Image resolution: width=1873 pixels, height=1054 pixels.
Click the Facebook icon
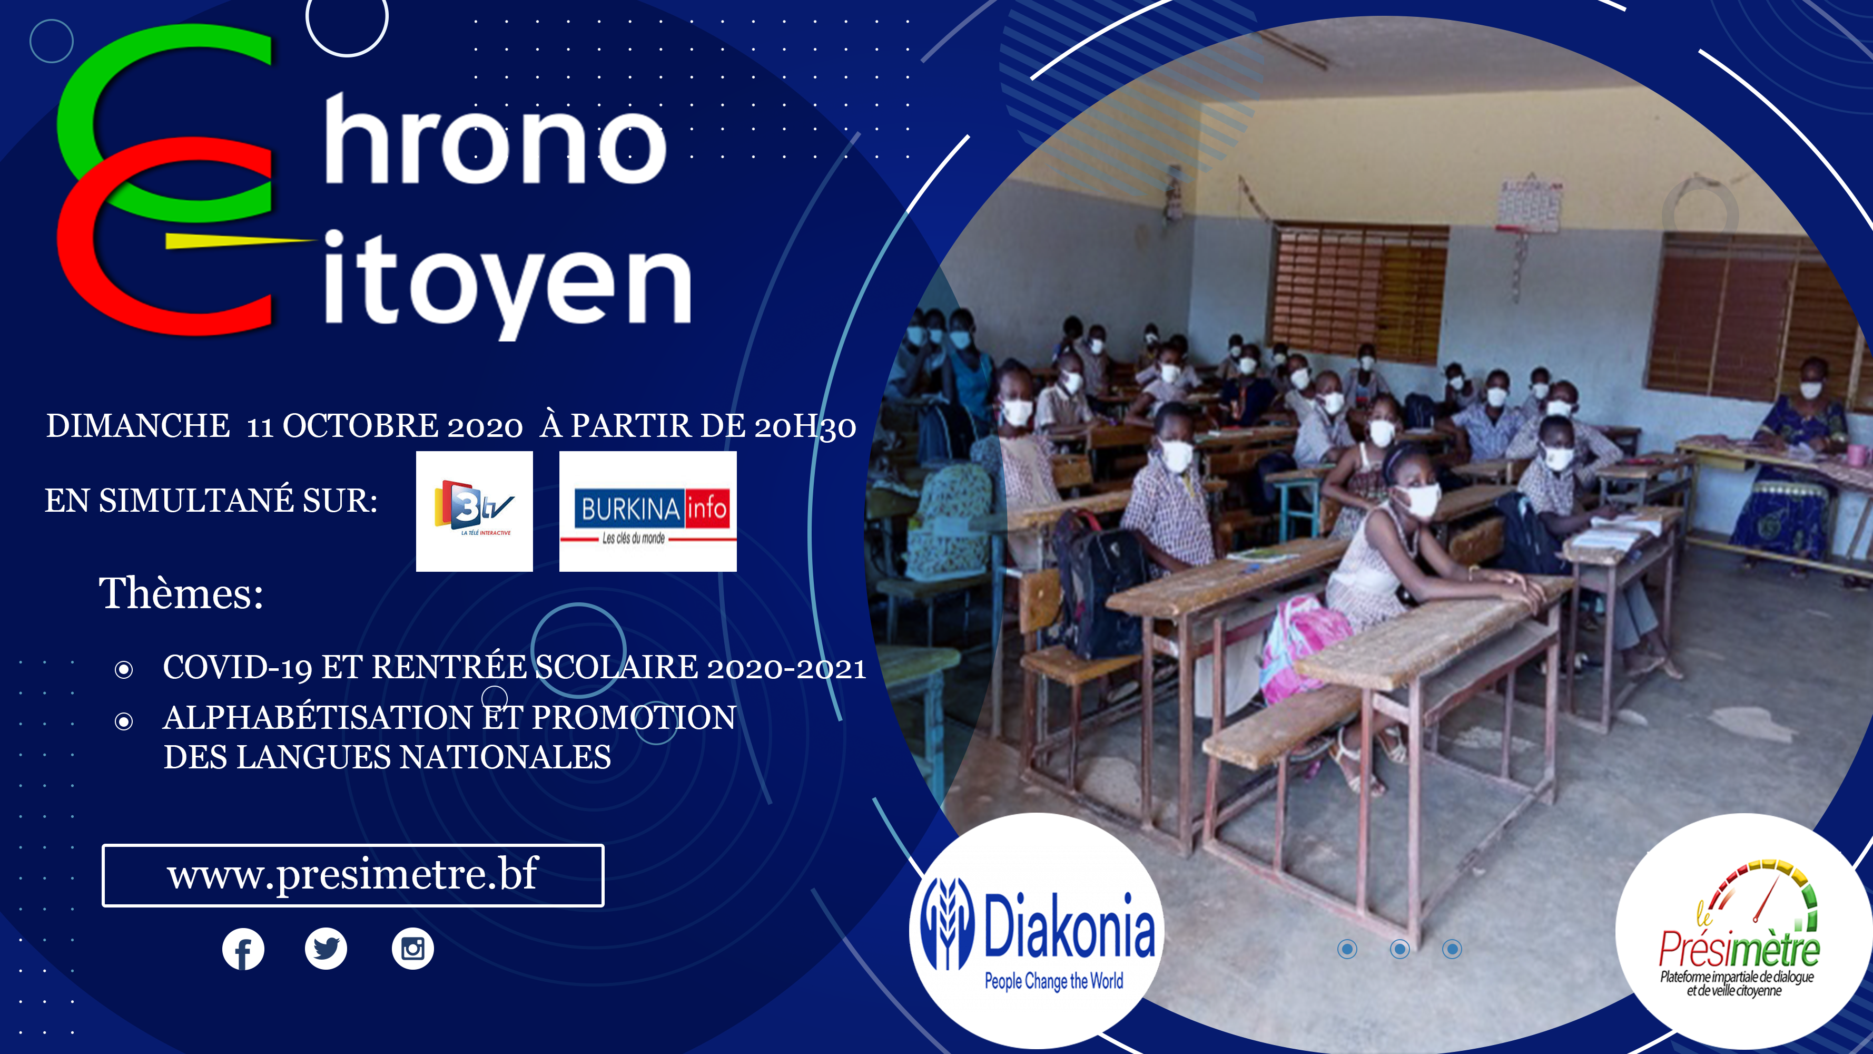pyautogui.click(x=243, y=949)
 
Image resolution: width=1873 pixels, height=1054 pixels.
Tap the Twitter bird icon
pyautogui.click(x=326, y=949)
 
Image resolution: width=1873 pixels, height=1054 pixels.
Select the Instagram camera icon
pyautogui.click(x=413, y=949)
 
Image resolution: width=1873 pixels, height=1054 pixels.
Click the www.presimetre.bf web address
pyautogui.click(x=353, y=875)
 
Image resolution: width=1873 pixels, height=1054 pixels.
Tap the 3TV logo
pyautogui.click(x=474, y=511)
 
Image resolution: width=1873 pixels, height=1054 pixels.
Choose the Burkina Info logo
pyautogui.click(x=648, y=511)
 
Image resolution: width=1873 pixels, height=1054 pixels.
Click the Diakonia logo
pyautogui.click(x=1037, y=931)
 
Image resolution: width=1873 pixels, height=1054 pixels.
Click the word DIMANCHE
pyautogui.click(x=138, y=425)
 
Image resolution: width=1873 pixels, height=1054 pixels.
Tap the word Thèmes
pyautogui.click(x=181, y=593)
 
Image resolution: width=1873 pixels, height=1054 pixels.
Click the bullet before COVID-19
pyautogui.click(x=124, y=669)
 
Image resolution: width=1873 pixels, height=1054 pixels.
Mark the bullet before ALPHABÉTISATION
pyautogui.click(x=124, y=721)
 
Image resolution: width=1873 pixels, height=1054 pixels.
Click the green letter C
pyautogui.click(x=165, y=124)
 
